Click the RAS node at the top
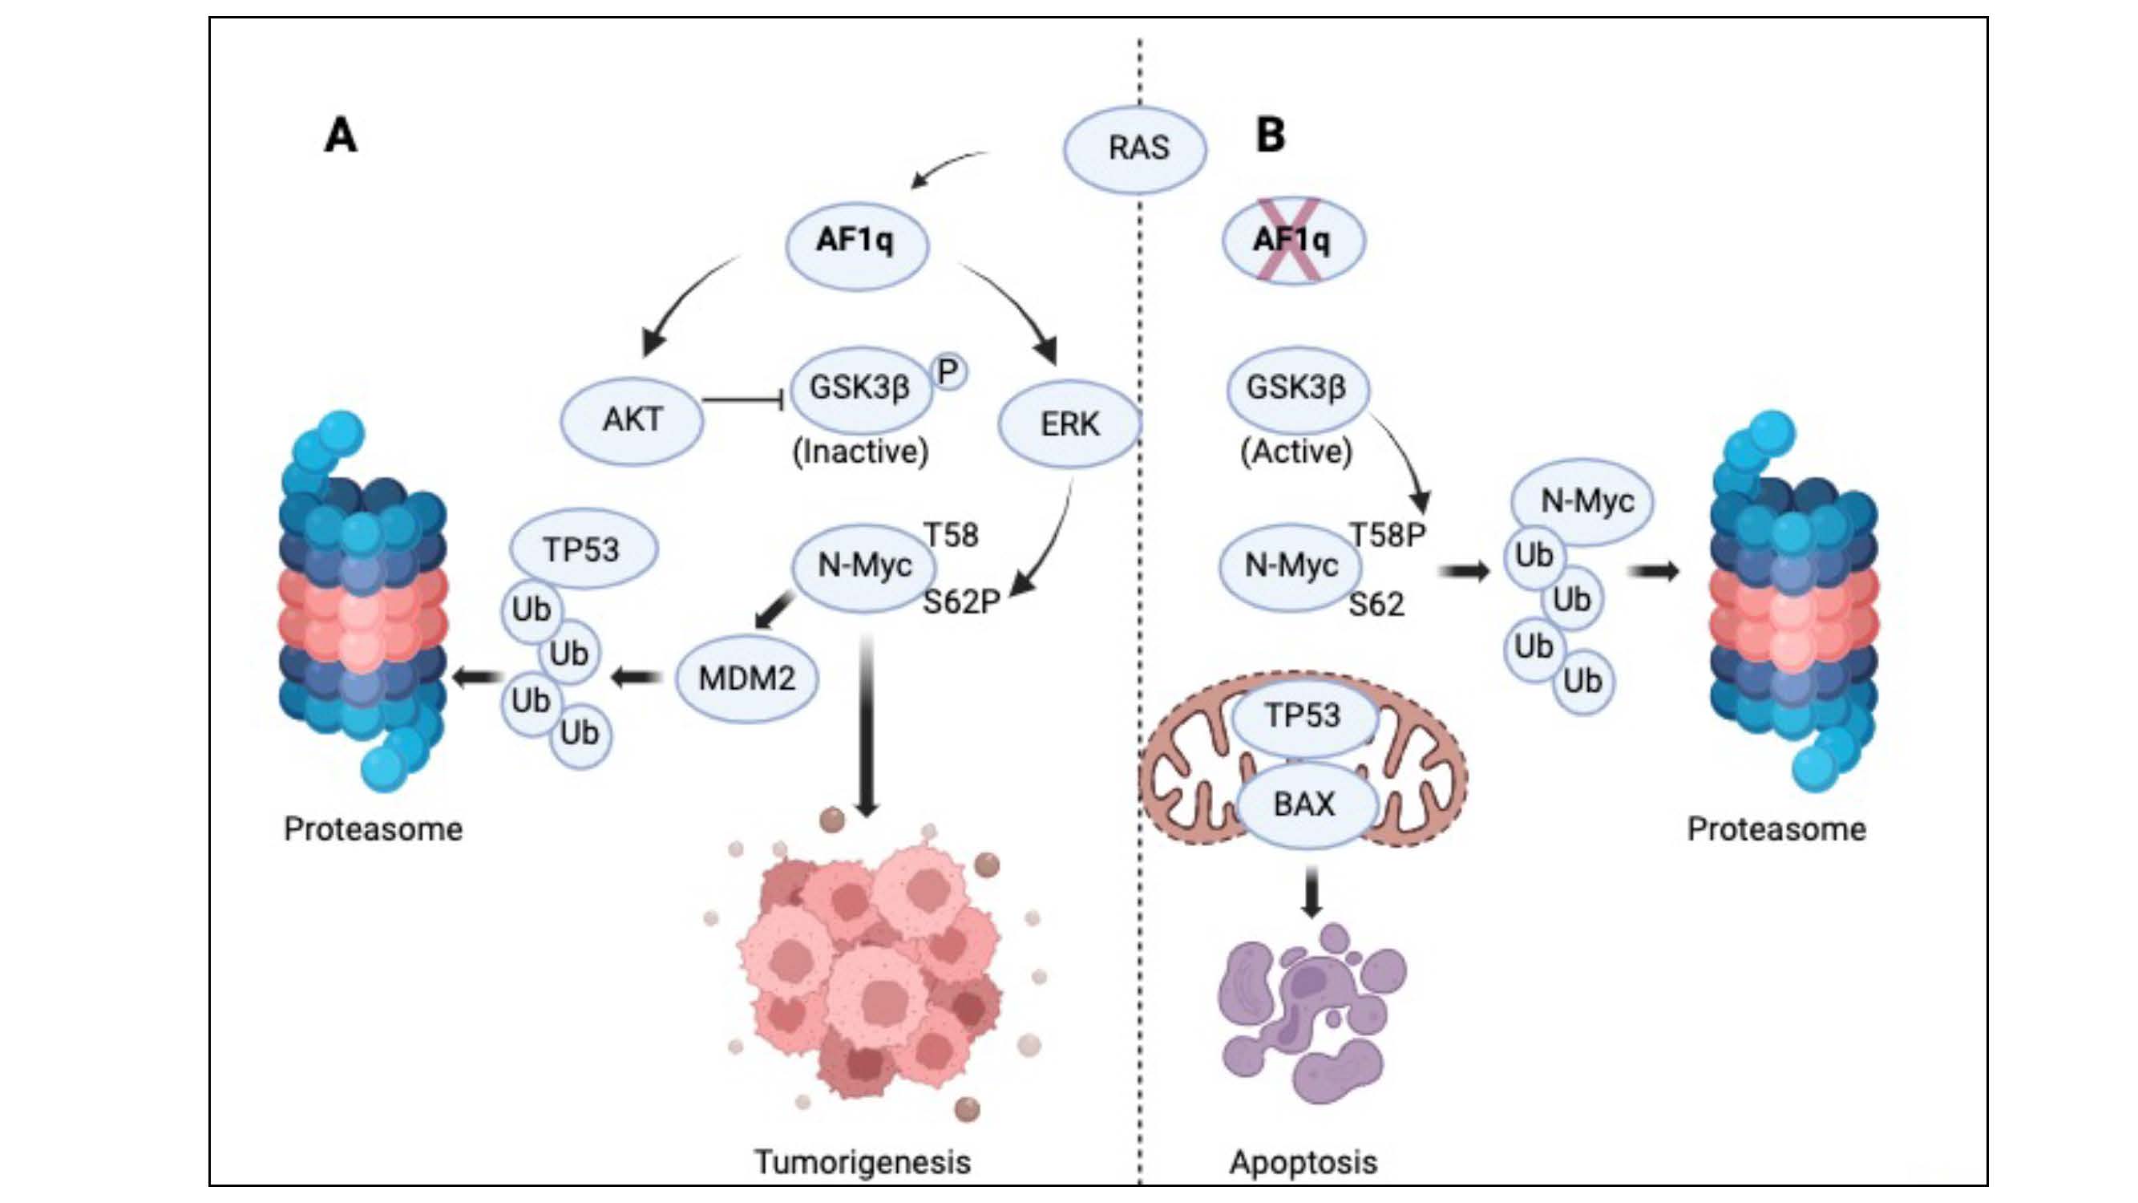coord(1135,148)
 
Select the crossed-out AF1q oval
coord(1292,240)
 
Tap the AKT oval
coord(633,419)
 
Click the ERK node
coord(1069,424)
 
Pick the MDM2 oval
coord(747,678)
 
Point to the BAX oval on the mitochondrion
coord(1305,804)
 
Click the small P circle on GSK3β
coord(948,371)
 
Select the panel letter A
coord(340,136)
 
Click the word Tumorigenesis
coord(863,1161)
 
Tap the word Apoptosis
coord(1303,1161)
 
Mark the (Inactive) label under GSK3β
coord(861,452)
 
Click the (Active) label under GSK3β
coord(1295,452)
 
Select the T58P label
coord(1387,536)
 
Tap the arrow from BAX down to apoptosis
coord(1311,892)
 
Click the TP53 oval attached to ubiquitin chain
coord(583,549)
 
